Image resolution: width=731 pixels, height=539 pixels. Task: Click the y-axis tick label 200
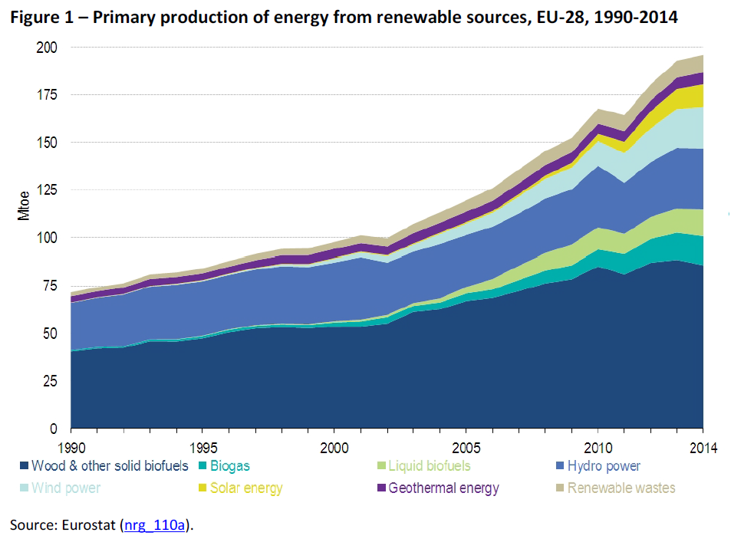(48, 48)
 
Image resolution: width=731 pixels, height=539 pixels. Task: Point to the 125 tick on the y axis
(48, 190)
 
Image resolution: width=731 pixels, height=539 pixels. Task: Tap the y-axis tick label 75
(50, 286)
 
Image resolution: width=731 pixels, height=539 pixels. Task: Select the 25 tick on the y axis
(50, 381)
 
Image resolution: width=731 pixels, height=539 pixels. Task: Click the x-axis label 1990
(71, 446)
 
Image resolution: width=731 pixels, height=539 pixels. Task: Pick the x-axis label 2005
(466, 446)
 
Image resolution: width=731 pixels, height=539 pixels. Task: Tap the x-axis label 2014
(702, 446)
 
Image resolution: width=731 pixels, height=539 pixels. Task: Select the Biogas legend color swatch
(202, 466)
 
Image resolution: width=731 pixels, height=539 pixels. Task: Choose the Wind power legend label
(67, 488)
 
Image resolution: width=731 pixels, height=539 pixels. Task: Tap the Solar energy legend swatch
(202, 488)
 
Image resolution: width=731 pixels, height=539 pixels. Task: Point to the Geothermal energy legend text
(443, 488)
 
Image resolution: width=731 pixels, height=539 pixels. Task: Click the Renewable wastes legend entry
(621, 488)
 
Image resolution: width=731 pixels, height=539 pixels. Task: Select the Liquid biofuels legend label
(429, 466)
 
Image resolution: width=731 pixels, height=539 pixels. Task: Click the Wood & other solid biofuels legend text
(110, 466)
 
